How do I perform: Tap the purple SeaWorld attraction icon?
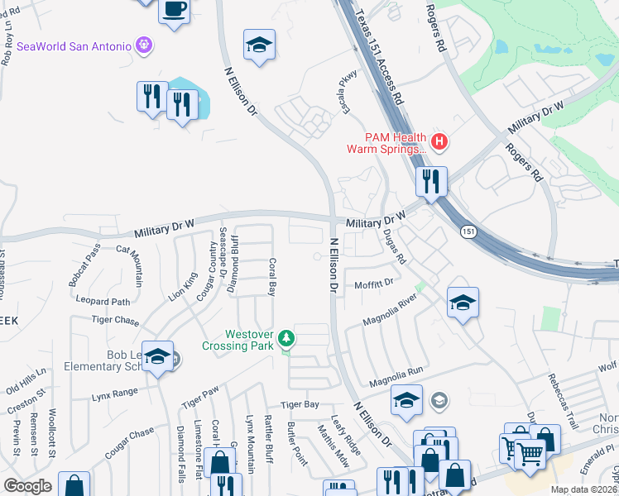tap(145, 44)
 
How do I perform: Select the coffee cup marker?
tap(174, 11)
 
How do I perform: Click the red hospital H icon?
tap(439, 141)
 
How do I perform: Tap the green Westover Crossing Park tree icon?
tap(286, 337)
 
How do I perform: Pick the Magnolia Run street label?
tap(396, 379)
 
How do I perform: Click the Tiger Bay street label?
tap(299, 404)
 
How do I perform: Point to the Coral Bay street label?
tap(271, 276)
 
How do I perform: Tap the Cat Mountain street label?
tap(130, 265)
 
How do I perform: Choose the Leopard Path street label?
tap(103, 303)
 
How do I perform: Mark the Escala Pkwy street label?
tap(345, 89)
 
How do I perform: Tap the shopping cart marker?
tap(530, 451)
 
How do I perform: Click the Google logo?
tap(27, 486)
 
